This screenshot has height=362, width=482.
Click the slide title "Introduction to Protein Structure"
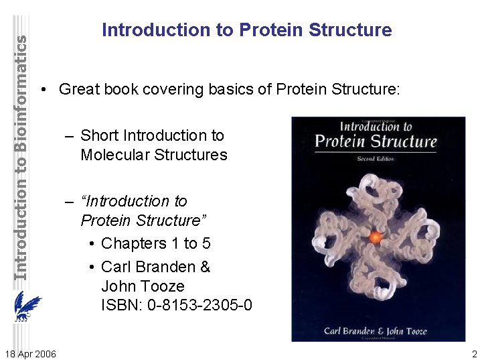[246, 30]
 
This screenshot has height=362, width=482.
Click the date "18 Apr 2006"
[30, 354]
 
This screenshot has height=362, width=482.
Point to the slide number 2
[474, 354]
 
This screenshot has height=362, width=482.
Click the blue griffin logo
[27, 310]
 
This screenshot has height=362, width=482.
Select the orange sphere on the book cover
[376, 237]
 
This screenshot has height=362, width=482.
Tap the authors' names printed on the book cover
[378, 330]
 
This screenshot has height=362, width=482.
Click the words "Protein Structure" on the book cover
[376, 141]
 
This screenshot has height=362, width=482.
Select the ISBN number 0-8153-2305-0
[177, 306]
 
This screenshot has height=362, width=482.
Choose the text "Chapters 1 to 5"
[155, 243]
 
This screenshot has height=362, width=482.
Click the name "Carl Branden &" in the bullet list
[155, 267]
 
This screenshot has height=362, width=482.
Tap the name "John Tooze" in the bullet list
[142, 286]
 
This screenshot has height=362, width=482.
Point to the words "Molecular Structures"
[153, 155]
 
